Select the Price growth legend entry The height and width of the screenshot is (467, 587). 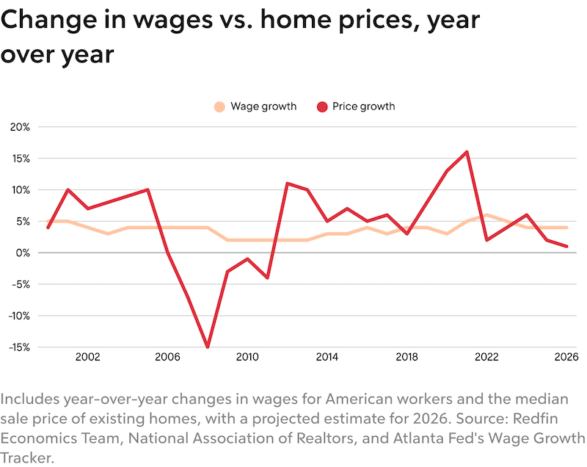[x=355, y=106]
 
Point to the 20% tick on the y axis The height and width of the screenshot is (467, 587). [x=20, y=127]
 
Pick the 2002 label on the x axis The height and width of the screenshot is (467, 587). [x=87, y=358]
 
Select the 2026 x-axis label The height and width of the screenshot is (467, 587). [x=566, y=358]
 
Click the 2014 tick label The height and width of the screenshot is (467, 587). [x=327, y=358]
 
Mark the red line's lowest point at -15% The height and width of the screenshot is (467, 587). [x=208, y=347]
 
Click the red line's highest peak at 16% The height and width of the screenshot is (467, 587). [x=467, y=152]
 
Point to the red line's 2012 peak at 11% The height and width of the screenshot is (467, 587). [x=287, y=184]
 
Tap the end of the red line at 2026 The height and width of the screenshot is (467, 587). [x=566, y=246]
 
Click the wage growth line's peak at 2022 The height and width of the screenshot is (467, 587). [x=486, y=214]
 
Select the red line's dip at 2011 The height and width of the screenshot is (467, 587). [x=267, y=278]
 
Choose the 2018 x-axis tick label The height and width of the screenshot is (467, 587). [x=406, y=358]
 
